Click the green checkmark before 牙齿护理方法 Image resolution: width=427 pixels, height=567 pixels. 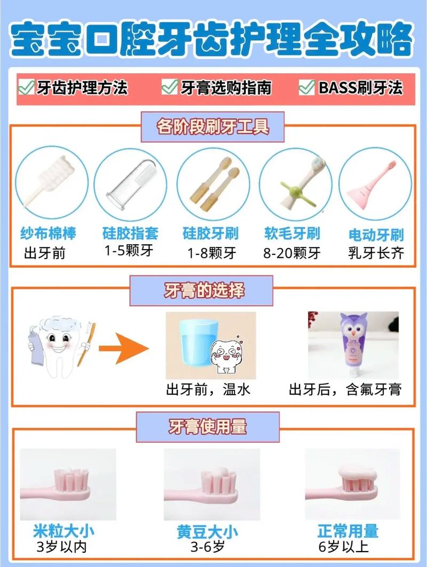(26, 87)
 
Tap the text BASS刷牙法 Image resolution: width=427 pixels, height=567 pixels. (360, 87)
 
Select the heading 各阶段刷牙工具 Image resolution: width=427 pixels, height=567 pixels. (213, 126)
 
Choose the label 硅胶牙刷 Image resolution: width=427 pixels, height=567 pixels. (211, 234)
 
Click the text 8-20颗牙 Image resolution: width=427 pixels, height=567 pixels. (292, 252)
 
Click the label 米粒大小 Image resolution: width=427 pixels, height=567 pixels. (64, 531)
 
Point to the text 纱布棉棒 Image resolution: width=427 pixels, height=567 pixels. (49, 233)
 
